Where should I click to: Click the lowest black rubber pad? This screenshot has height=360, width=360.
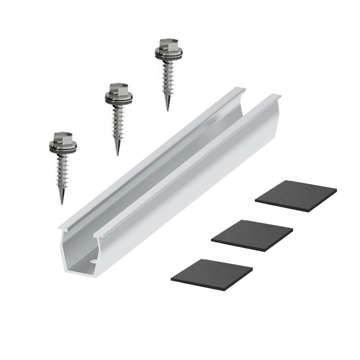click(211, 273)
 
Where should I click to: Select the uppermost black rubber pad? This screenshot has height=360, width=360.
click(296, 196)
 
